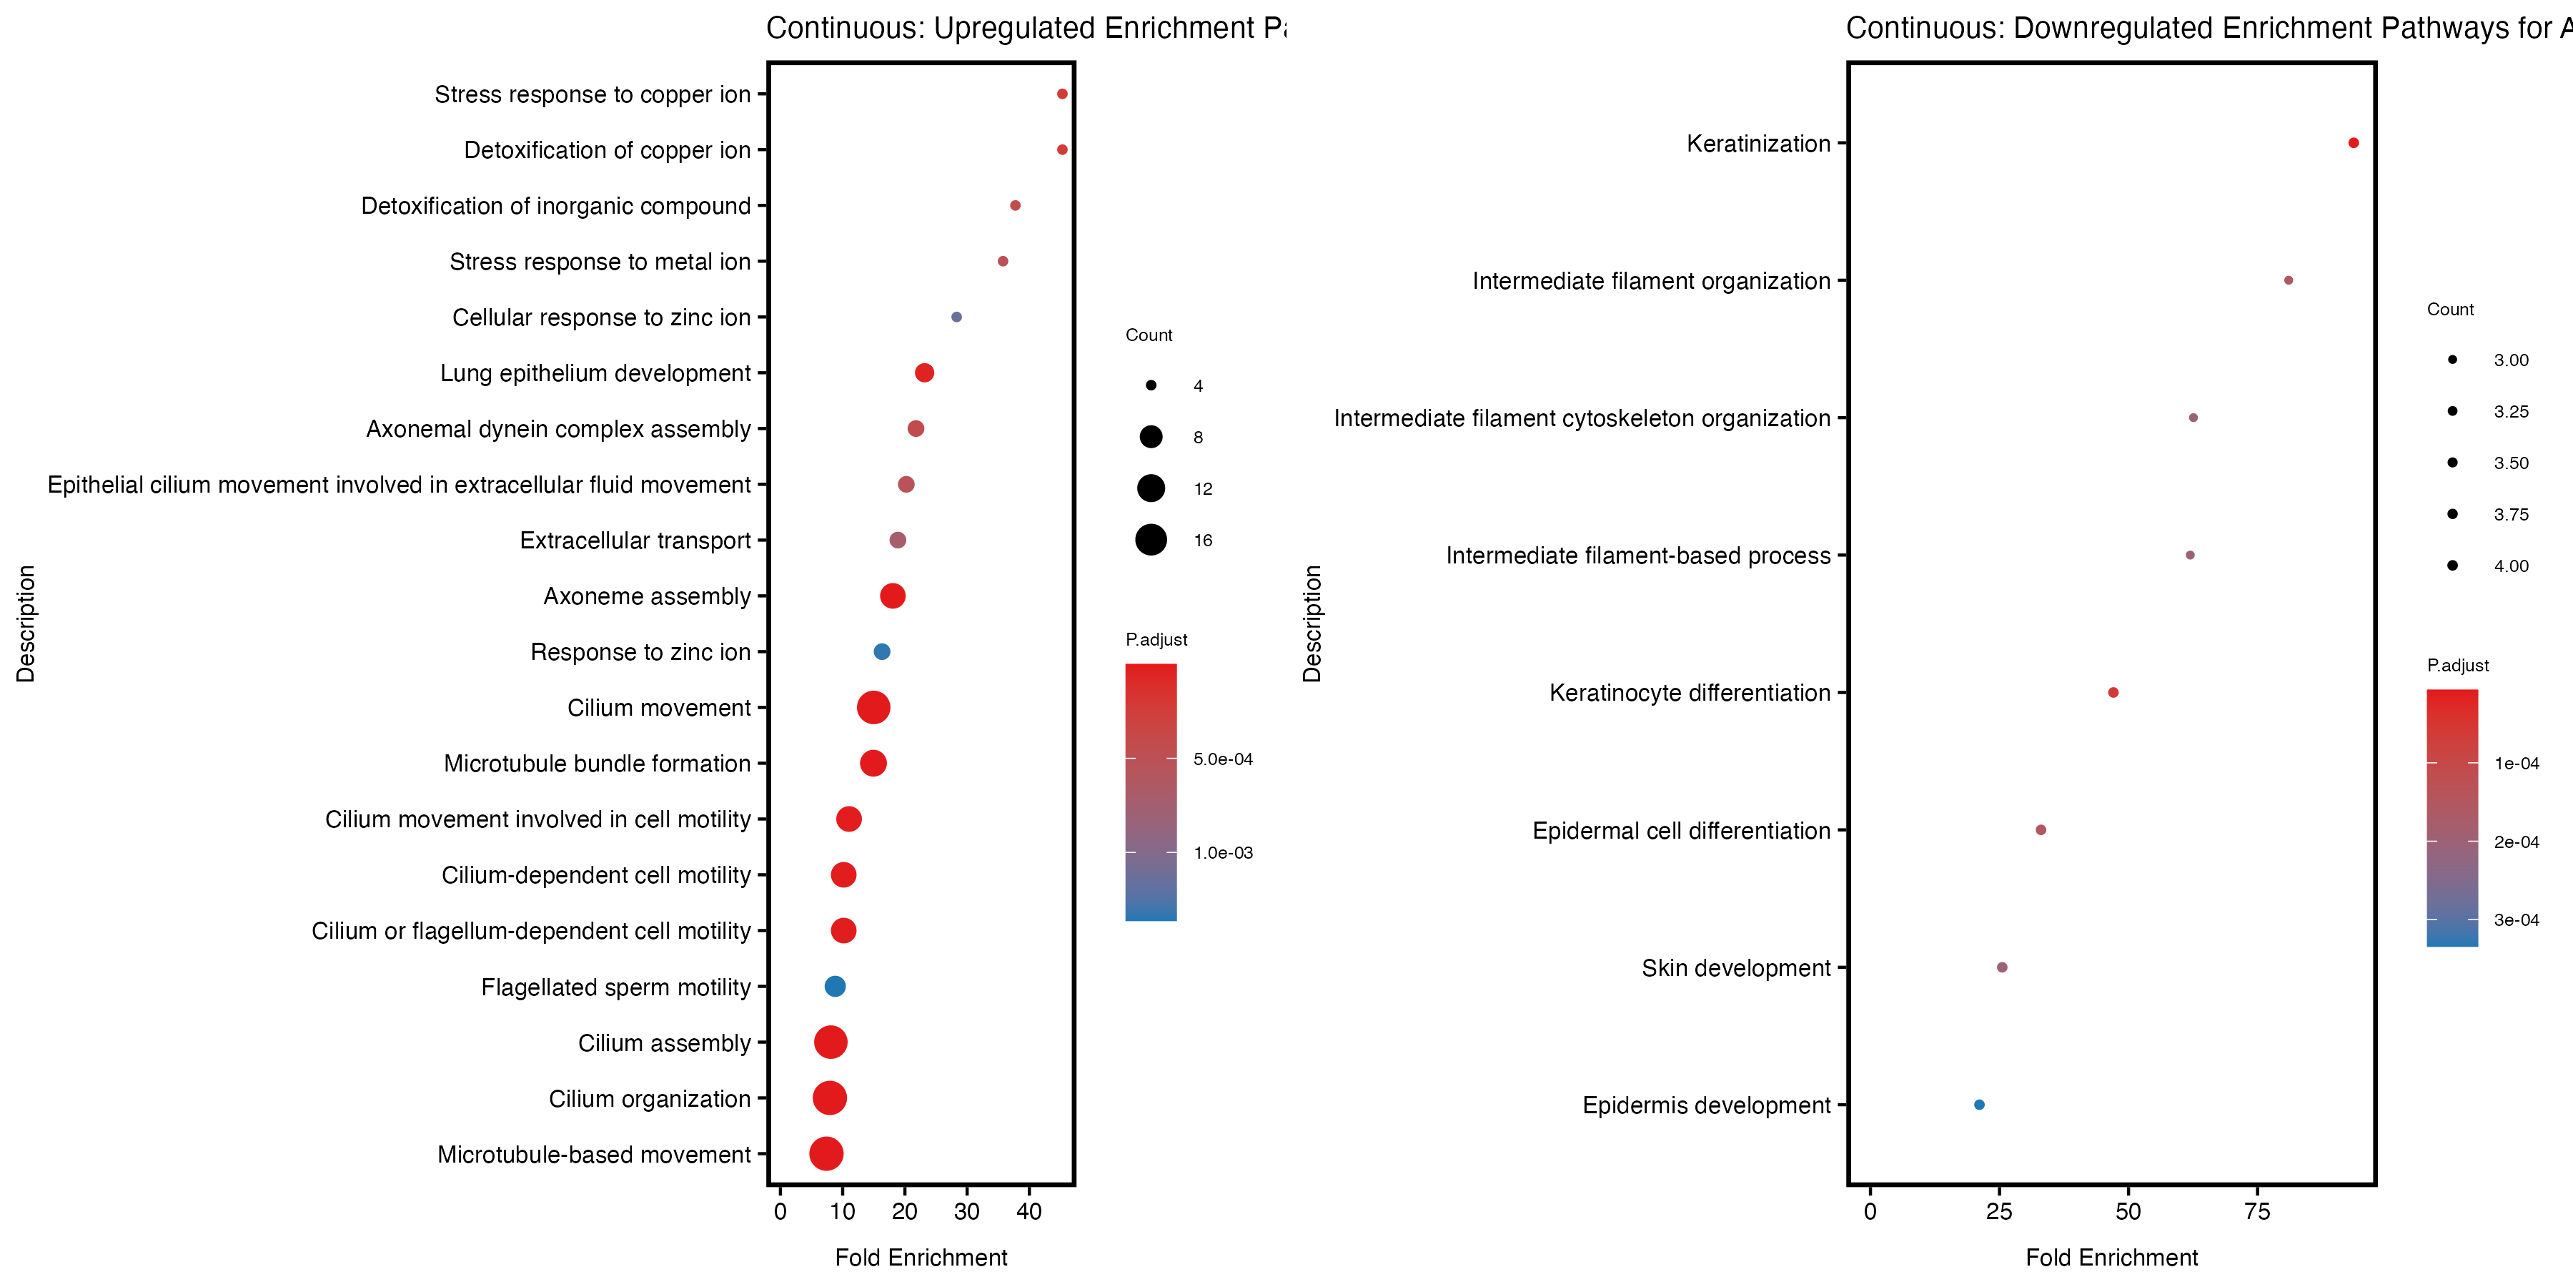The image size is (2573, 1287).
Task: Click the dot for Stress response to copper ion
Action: click(1062, 94)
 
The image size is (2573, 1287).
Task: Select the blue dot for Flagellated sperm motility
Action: click(835, 986)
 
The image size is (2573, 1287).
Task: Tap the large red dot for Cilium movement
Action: click(873, 707)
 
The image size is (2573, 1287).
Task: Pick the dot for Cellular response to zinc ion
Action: click(956, 317)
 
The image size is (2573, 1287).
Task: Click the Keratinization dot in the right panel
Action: click(2354, 143)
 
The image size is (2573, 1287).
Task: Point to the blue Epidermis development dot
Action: click(1978, 1104)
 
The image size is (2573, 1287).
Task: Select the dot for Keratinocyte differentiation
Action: click(2113, 692)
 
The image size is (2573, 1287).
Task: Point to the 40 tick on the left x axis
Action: click(1028, 1211)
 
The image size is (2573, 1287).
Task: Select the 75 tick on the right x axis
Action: click(2256, 1211)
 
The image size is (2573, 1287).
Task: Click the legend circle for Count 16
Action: click(1151, 540)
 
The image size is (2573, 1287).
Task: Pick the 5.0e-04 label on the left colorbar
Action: click(1223, 759)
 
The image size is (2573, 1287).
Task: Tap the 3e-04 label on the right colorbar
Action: click(2516, 919)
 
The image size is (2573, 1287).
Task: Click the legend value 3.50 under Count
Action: click(2510, 463)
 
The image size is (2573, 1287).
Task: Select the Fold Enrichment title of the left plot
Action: click(921, 1257)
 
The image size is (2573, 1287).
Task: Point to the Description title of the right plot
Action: click(1312, 623)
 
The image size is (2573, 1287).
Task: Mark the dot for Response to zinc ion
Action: click(881, 651)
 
